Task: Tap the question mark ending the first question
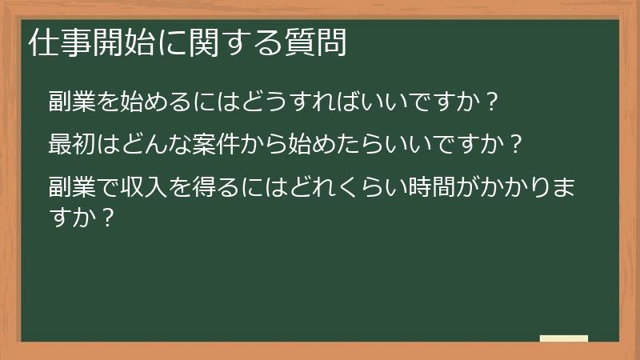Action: coord(493,102)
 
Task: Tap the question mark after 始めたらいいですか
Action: coord(517,146)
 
